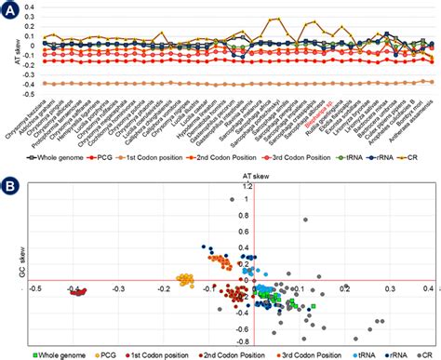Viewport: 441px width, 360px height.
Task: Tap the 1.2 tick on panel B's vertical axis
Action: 247,187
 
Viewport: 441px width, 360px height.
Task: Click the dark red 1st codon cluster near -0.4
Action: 77,291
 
